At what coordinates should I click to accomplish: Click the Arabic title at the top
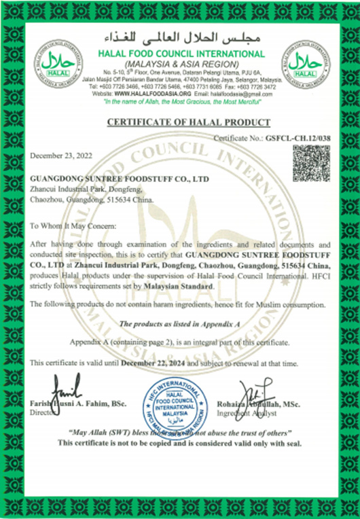click(179, 37)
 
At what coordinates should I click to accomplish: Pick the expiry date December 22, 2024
click(153, 363)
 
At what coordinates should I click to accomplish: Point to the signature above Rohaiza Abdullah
click(255, 392)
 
